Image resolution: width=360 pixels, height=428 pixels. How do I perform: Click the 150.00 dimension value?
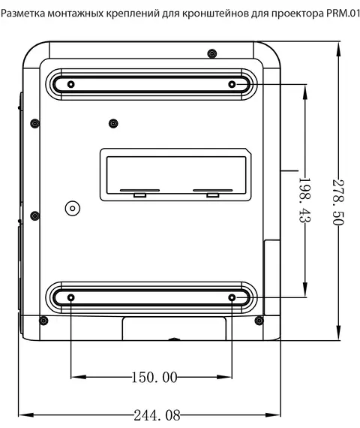[154, 378]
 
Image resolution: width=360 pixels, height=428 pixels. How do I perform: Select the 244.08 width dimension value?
[157, 415]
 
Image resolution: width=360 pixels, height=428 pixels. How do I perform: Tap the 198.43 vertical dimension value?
[305, 200]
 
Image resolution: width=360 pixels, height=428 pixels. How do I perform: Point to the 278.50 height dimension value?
[338, 202]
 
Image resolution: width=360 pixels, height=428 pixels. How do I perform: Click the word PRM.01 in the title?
[343, 14]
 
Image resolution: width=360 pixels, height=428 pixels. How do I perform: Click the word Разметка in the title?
[23, 14]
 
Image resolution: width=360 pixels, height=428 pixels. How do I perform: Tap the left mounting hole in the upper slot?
[71, 84]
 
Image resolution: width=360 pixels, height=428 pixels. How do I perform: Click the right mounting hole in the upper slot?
[232, 84]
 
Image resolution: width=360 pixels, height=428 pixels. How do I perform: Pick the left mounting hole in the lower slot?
[71, 297]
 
